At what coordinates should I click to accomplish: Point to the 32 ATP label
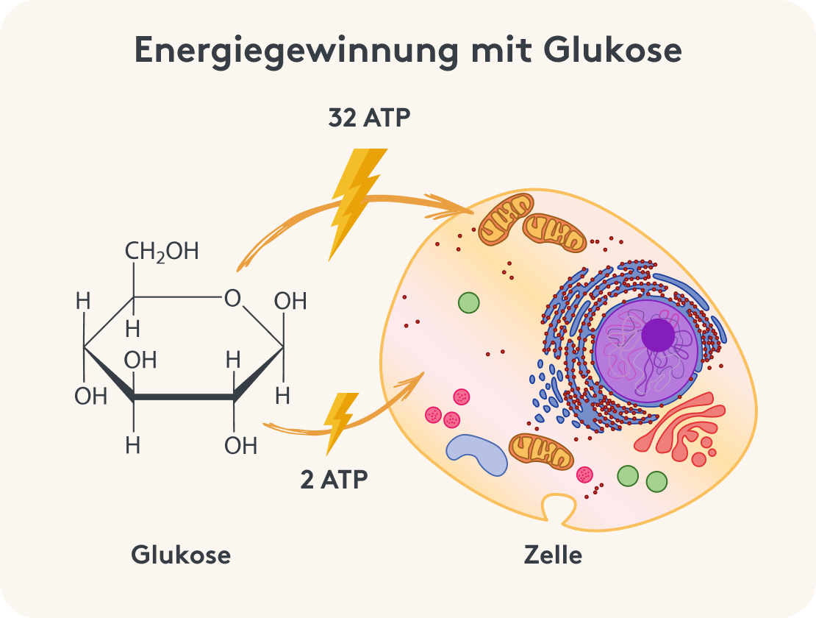(368, 118)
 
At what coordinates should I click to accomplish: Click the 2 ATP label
(334, 479)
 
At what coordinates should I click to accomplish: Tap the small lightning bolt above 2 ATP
(340, 422)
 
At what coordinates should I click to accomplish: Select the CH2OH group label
(162, 252)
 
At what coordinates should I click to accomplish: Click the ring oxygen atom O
(232, 298)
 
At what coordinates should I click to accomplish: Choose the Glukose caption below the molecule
(181, 555)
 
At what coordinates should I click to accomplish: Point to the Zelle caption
(553, 555)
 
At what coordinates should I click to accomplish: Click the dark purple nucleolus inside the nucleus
(658, 335)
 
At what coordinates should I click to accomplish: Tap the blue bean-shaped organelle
(476, 453)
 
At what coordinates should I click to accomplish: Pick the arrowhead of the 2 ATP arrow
(418, 379)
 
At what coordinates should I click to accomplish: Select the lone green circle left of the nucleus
(469, 302)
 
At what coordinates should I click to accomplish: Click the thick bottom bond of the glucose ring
(184, 398)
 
